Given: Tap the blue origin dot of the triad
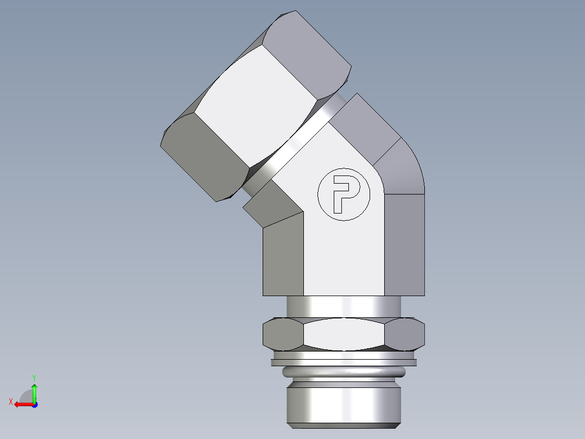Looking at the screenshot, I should tap(34, 405).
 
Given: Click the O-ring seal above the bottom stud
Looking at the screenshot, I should tap(344, 372).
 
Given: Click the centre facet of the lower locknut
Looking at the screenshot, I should tap(344, 334).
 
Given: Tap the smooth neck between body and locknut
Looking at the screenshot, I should tap(344, 307).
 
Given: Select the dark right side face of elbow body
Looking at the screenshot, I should tap(404, 244).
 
